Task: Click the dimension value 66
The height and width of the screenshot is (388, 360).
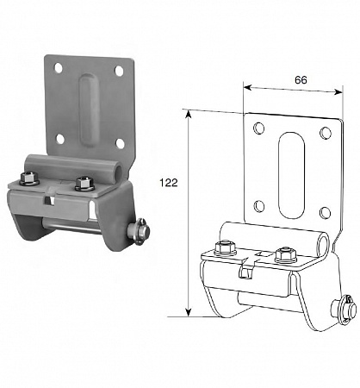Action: (301, 80)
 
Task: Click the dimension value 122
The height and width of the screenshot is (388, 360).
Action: (169, 183)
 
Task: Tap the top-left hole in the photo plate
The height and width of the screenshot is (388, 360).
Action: (58, 68)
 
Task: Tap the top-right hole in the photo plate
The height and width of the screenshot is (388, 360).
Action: (119, 71)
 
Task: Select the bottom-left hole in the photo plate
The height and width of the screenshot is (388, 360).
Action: (60, 139)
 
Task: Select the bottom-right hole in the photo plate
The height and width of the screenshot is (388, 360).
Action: (121, 143)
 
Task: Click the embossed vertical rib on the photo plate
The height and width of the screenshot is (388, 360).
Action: (88, 110)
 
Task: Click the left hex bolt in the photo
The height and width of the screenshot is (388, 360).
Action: (29, 178)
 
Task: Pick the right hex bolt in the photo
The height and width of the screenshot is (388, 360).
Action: (84, 184)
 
